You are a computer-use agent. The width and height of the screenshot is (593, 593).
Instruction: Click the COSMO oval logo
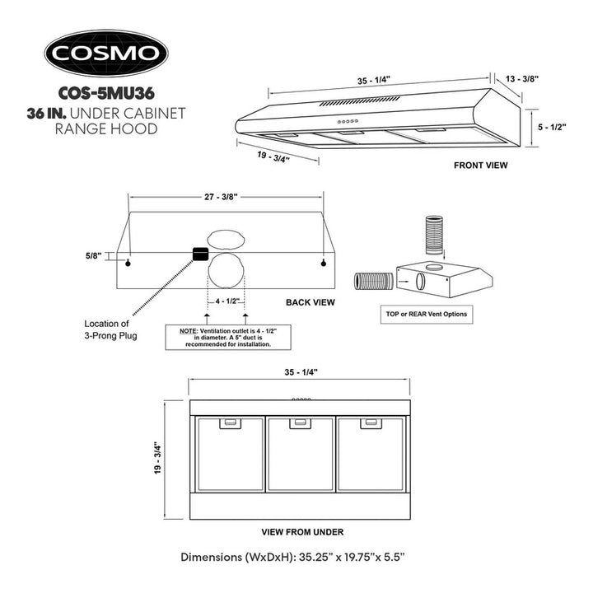pyautogui.click(x=106, y=54)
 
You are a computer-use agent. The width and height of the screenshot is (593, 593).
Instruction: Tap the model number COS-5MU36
pyautogui.click(x=106, y=93)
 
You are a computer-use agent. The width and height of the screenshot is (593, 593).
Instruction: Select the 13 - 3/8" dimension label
pyautogui.click(x=522, y=79)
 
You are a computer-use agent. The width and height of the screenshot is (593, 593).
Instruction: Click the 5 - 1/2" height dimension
pyautogui.click(x=552, y=127)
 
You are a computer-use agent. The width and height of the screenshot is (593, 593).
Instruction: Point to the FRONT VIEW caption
pyautogui.click(x=480, y=166)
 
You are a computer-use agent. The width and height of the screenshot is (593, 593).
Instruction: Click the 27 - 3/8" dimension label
pyautogui.click(x=221, y=197)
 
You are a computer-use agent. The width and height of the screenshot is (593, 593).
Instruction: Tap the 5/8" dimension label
pyautogui.click(x=93, y=256)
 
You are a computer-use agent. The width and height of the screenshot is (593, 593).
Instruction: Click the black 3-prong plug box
pyautogui.click(x=200, y=254)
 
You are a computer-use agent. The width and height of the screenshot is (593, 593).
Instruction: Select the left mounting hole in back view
pyautogui.click(x=128, y=264)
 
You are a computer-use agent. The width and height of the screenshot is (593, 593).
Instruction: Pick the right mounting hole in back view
pyautogui.click(x=324, y=264)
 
